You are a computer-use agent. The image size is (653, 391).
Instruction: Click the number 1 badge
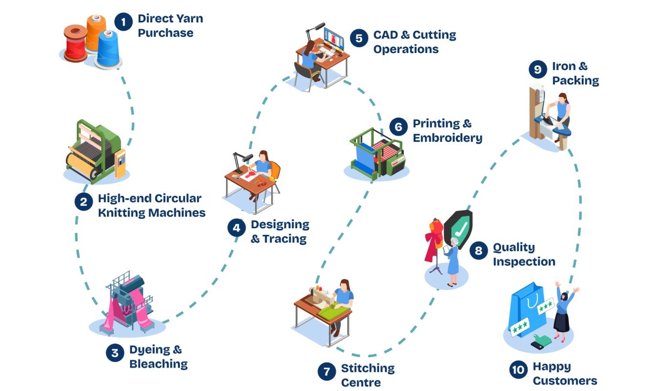tap(123, 22)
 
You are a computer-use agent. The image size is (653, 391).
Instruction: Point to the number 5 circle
tap(358, 38)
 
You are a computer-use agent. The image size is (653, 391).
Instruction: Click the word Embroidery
tap(447, 138)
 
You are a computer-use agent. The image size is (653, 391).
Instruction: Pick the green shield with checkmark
tap(458, 229)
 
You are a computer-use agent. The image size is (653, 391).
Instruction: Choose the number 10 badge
tap(518, 370)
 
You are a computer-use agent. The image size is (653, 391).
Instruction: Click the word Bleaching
tap(158, 364)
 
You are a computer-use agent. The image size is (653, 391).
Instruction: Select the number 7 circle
tap(326, 372)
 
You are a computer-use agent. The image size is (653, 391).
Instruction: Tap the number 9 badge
tap(537, 70)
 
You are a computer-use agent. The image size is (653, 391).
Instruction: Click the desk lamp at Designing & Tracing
tap(241, 159)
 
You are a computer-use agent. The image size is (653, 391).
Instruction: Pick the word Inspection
tap(524, 262)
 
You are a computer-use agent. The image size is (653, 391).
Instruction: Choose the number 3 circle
tap(115, 353)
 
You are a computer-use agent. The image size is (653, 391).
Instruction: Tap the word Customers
tap(565, 381)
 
